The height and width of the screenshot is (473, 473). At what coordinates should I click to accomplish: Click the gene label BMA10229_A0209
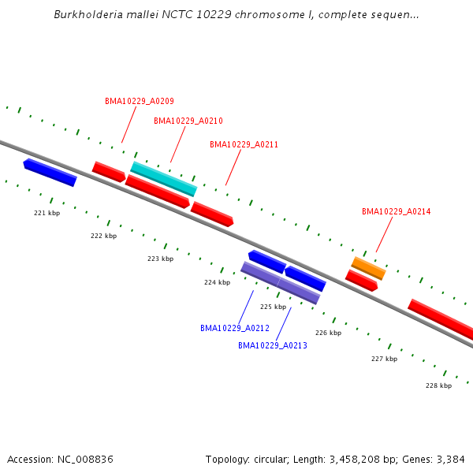140,101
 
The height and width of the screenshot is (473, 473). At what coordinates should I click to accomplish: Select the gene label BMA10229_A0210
188,121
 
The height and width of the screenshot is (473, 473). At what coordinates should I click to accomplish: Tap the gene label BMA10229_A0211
244,144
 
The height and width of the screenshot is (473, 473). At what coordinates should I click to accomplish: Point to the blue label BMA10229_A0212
235,328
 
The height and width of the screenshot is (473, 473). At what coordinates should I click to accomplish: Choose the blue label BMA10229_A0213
273,345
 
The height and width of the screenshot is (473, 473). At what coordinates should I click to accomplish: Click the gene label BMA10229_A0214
396,211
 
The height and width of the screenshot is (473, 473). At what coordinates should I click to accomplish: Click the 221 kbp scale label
47,213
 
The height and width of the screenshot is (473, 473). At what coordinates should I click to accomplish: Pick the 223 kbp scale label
160,259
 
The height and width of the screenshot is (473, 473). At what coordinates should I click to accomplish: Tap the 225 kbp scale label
273,307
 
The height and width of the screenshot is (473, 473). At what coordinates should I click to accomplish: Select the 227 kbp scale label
384,359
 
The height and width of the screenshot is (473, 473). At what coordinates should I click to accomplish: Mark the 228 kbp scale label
438,385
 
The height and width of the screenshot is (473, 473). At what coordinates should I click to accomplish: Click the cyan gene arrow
163,179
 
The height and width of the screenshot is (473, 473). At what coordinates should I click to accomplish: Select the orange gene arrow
368,268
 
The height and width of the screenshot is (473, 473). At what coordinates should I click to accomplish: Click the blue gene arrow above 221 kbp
50,173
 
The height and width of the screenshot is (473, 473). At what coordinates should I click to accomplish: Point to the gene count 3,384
449,459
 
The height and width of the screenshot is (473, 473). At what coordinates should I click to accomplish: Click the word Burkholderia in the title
86,14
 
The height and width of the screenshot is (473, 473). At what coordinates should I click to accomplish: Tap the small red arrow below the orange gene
362,281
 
